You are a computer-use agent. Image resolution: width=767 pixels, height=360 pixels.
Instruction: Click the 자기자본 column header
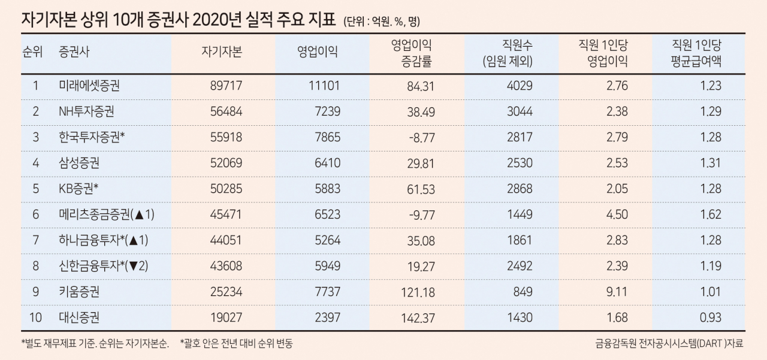pyautogui.click(x=222, y=52)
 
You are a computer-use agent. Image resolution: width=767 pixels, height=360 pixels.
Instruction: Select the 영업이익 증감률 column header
pyautogui.click(x=411, y=53)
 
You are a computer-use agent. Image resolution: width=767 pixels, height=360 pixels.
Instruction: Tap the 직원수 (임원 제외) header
pyautogui.click(x=508, y=53)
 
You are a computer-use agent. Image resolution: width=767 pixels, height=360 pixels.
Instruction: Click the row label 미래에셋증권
pyautogui.click(x=89, y=86)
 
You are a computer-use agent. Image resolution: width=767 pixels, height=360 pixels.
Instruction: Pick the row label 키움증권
pyautogui.click(x=79, y=292)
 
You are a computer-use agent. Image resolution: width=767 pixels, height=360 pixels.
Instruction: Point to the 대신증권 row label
pyautogui.click(x=79, y=317)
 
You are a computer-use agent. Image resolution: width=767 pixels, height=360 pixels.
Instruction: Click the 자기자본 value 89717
pyautogui.click(x=226, y=86)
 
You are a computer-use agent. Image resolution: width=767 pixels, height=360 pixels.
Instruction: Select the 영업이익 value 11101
pyautogui.click(x=324, y=86)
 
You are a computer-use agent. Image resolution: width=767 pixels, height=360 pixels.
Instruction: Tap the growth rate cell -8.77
pyautogui.click(x=422, y=138)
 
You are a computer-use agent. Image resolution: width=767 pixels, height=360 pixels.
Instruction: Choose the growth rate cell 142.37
pyautogui.click(x=418, y=318)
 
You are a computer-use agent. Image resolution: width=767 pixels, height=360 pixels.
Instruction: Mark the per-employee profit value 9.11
pyautogui.click(x=617, y=292)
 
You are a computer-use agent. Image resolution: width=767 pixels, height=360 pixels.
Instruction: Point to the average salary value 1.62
pyautogui.click(x=711, y=214)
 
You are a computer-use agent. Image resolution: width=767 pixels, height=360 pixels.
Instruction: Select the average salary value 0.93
pyautogui.click(x=710, y=317)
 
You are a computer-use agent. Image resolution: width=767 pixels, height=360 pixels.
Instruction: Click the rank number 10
pyautogui.click(x=35, y=317)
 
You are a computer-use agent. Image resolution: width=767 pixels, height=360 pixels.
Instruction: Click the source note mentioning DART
pyautogui.click(x=669, y=343)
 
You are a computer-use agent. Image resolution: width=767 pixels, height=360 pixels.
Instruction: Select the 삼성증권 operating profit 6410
pyautogui.click(x=327, y=163)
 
